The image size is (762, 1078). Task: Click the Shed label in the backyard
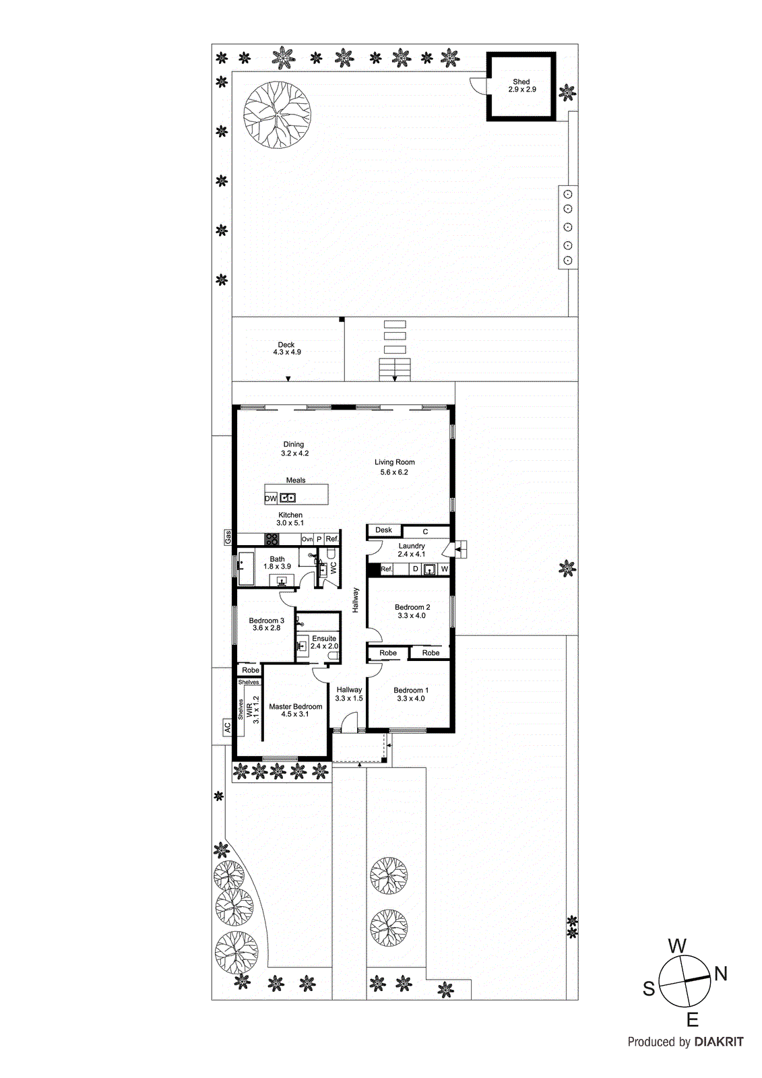click(521, 86)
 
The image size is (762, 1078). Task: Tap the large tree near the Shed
click(277, 114)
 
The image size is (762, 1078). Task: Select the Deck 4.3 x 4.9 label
click(287, 348)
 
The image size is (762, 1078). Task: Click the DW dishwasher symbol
click(270, 499)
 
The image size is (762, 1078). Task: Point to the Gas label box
click(228, 538)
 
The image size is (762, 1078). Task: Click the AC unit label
click(227, 728)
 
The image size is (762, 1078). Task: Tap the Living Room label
click(395, 467)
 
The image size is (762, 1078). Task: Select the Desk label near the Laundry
click(383, 530)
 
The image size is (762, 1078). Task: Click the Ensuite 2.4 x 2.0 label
click(324, 642)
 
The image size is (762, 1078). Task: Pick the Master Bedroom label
click(296, 710)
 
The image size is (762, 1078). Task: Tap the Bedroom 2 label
click(412, 611)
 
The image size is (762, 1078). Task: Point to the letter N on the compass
click(720, 974)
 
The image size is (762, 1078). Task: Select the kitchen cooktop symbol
click(272, 539)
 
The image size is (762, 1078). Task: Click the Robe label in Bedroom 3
click(251, 670)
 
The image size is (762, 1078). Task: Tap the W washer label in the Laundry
click(444, 569)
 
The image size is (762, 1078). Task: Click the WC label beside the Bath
click(333, 568)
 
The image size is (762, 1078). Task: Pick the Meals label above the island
click(296, 480)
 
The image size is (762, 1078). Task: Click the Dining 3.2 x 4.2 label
click(294, 449)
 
